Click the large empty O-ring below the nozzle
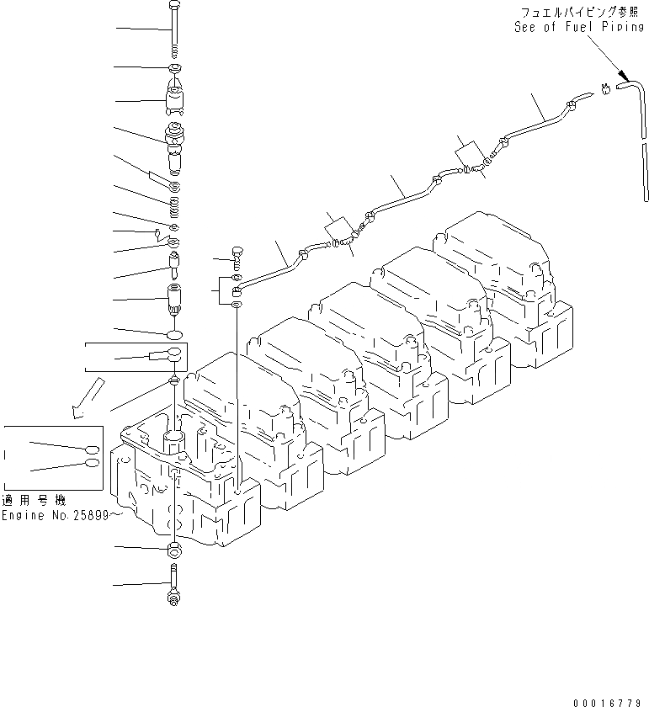pos(173,335)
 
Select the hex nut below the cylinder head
pos(174,551)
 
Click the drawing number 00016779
pos(608,700)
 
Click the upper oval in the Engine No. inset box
pos(92,449)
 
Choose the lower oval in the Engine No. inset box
pos(92,462)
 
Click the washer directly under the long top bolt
pos(173,67)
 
